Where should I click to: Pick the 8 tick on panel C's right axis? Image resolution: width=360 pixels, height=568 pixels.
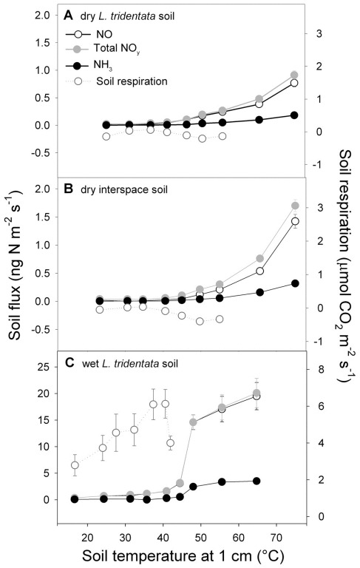pos(320,370)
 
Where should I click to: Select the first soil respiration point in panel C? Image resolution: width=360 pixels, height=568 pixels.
pos(75,465)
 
